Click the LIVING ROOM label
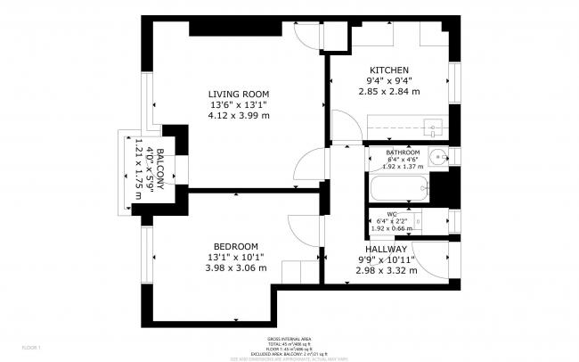pos(239,94)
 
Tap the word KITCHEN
pos(389,70)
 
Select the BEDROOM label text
pos(236,247)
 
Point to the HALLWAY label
pos(387,250)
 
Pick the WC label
pos(392,214)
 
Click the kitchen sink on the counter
pos(433,126)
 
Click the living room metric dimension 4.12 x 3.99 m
pos(239,115)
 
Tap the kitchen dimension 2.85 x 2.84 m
pos(389,91)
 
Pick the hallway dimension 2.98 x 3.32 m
pos(387,271)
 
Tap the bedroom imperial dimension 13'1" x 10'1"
pos(236,258)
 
